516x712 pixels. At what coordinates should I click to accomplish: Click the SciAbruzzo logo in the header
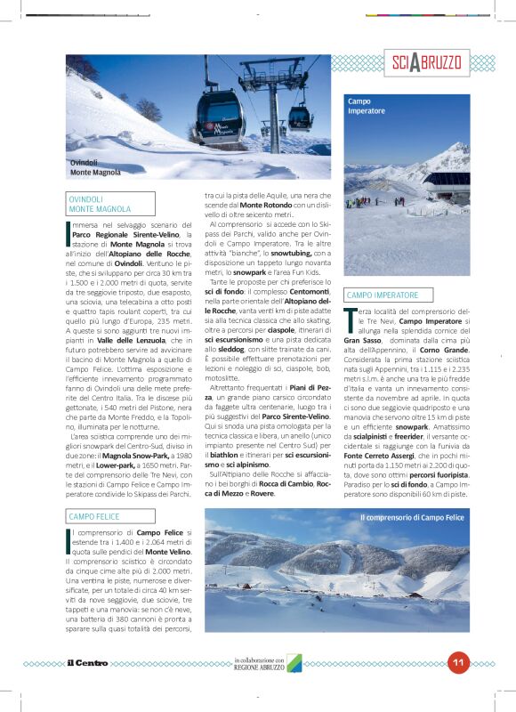(426, 62)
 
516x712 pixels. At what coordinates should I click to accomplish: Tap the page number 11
(459, 661)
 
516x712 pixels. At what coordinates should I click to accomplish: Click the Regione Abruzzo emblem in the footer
(294, 663)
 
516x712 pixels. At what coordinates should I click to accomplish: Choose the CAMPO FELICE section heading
(94, 516)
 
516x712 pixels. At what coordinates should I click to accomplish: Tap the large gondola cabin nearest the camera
(219, 117)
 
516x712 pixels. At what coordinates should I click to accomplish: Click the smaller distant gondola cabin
(300, 117)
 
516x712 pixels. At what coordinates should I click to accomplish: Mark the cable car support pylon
(271, 107)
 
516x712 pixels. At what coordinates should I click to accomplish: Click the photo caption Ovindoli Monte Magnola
(95, 167)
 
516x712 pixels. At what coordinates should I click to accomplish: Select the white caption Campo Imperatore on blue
(360, 106)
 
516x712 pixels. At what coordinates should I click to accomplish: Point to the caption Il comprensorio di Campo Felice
(412, 517)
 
